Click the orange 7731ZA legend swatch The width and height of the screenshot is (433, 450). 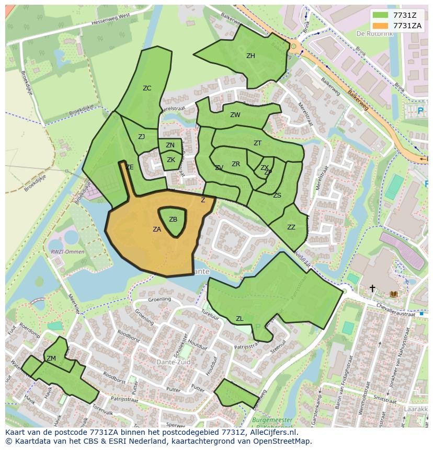pos(381,26)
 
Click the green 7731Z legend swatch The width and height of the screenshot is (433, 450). pos(381,15)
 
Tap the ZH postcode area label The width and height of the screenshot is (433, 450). pos(250,56)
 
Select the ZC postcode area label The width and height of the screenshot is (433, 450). pos(147,88)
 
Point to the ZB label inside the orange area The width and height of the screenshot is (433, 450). pos(173,220)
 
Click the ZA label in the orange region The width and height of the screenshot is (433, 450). pos(157,229)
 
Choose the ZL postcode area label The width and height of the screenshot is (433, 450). pos(240,319)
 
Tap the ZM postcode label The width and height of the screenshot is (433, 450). pos(51,359)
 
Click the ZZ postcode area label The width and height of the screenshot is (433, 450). pos(291,227)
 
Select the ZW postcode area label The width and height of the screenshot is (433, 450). pos(235,115)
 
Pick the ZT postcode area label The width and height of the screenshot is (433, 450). pos(257,143)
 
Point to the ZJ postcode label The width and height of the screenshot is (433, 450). pos(141,137)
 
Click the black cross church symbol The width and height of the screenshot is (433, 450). pos(372,288)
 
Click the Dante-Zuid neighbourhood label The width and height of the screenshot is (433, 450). pos(173,362)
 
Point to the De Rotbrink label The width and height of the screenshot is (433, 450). pos(374,33)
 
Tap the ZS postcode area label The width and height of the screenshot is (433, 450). pos(277,195)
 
